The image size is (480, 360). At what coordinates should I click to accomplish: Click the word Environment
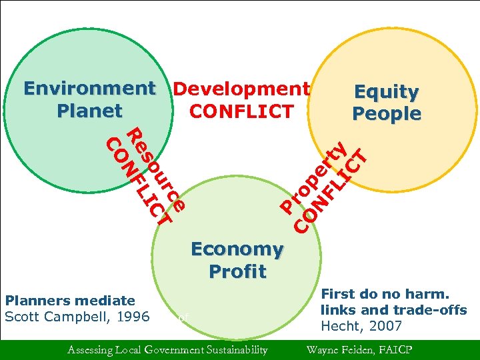tap(89, 88)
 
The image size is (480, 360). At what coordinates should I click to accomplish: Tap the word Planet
tap(90, 110)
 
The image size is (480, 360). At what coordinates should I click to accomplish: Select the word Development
tap(241, 88)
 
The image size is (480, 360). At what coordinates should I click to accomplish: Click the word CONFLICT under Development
tap(241, 110)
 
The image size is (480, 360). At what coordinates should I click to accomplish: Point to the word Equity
tap(386, 91)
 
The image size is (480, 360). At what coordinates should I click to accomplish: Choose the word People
tap(387, 113)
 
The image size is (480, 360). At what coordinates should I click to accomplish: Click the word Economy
tap(237, 249)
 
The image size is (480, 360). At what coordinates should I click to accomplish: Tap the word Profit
tap(237, 271)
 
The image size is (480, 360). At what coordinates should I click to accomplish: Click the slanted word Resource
tap(155, 167)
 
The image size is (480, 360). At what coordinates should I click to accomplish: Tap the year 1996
tap(131, 316)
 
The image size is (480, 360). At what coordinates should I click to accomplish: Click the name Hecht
tap(340, 326)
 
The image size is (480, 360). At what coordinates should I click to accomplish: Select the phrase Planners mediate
tap(69, 301)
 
